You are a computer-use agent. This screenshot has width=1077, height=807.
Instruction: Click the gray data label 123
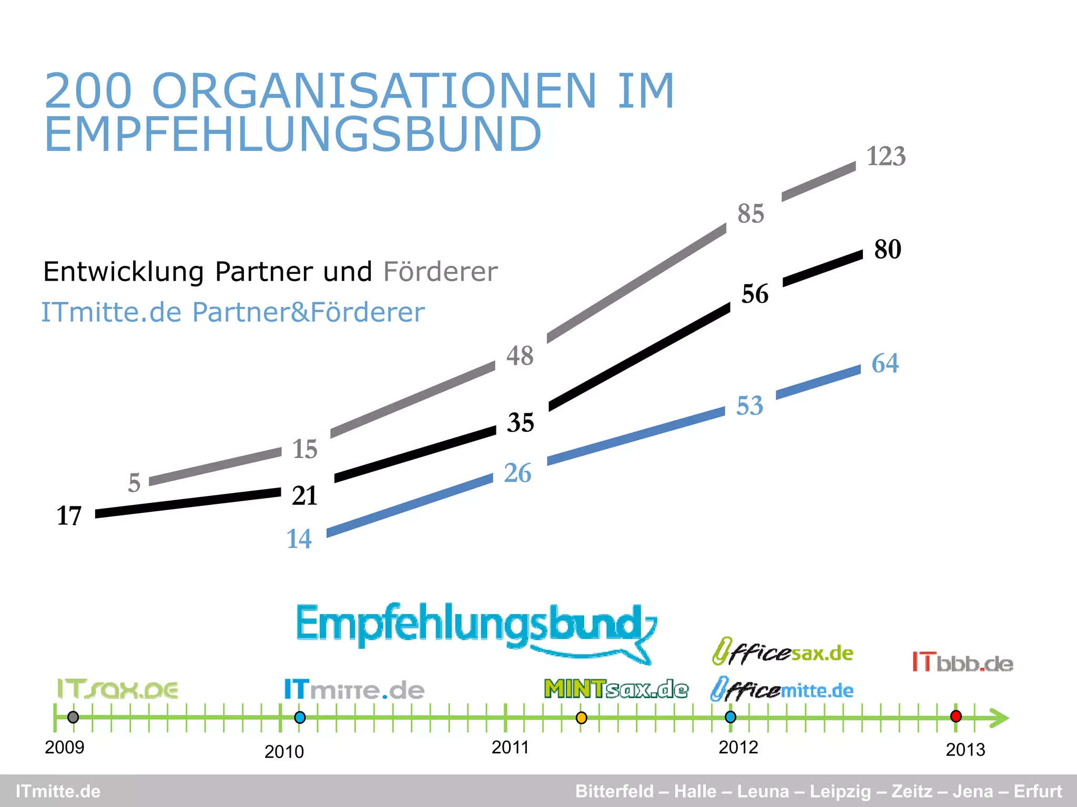pyautogui.click(x=886, y=157)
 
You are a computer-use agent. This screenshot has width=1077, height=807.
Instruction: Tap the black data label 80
pyautogui.click(x=888, y=249)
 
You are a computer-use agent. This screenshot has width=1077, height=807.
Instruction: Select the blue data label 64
pyautogui.click(x=885, y=363)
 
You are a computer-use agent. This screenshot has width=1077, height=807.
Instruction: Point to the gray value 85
pyautogui.click(x=750, y=214)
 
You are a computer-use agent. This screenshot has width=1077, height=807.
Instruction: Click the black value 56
pyautogui.click(x=755, y=294)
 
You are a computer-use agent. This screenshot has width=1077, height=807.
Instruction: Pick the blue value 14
pyautogui.click(x=299, y=539)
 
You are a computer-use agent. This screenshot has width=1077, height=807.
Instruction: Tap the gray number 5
pyautogui.click(x=134, y=483)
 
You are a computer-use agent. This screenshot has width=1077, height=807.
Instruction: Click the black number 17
pyautogui.click(x=69, y=516)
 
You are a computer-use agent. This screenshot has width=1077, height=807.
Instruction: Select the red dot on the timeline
pyautogui.click(x=956, y=716)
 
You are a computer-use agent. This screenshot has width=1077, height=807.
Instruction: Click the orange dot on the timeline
pyautogui.click(x=581, y=718)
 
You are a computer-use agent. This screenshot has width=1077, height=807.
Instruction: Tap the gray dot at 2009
pyautogui.click(x=73, y=717)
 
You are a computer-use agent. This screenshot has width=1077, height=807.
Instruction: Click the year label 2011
pyautogui.click(x=510, y=747)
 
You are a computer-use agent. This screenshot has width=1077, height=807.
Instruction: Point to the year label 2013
pyautogui.click(x=965, y=750)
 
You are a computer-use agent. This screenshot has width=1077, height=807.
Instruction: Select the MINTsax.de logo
pyautogui.click(x=616, y=689)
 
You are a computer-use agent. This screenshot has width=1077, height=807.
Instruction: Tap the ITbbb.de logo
pyautogui.click(x=962, y=663)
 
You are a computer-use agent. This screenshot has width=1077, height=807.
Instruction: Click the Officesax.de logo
pyautogui.click(x=783, y=653)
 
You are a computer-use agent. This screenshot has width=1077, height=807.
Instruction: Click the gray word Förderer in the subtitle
pyautogui.click(x=440, y=272)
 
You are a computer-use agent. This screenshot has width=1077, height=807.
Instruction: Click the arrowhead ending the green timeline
pyautogui.click(x=999, y=718)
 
